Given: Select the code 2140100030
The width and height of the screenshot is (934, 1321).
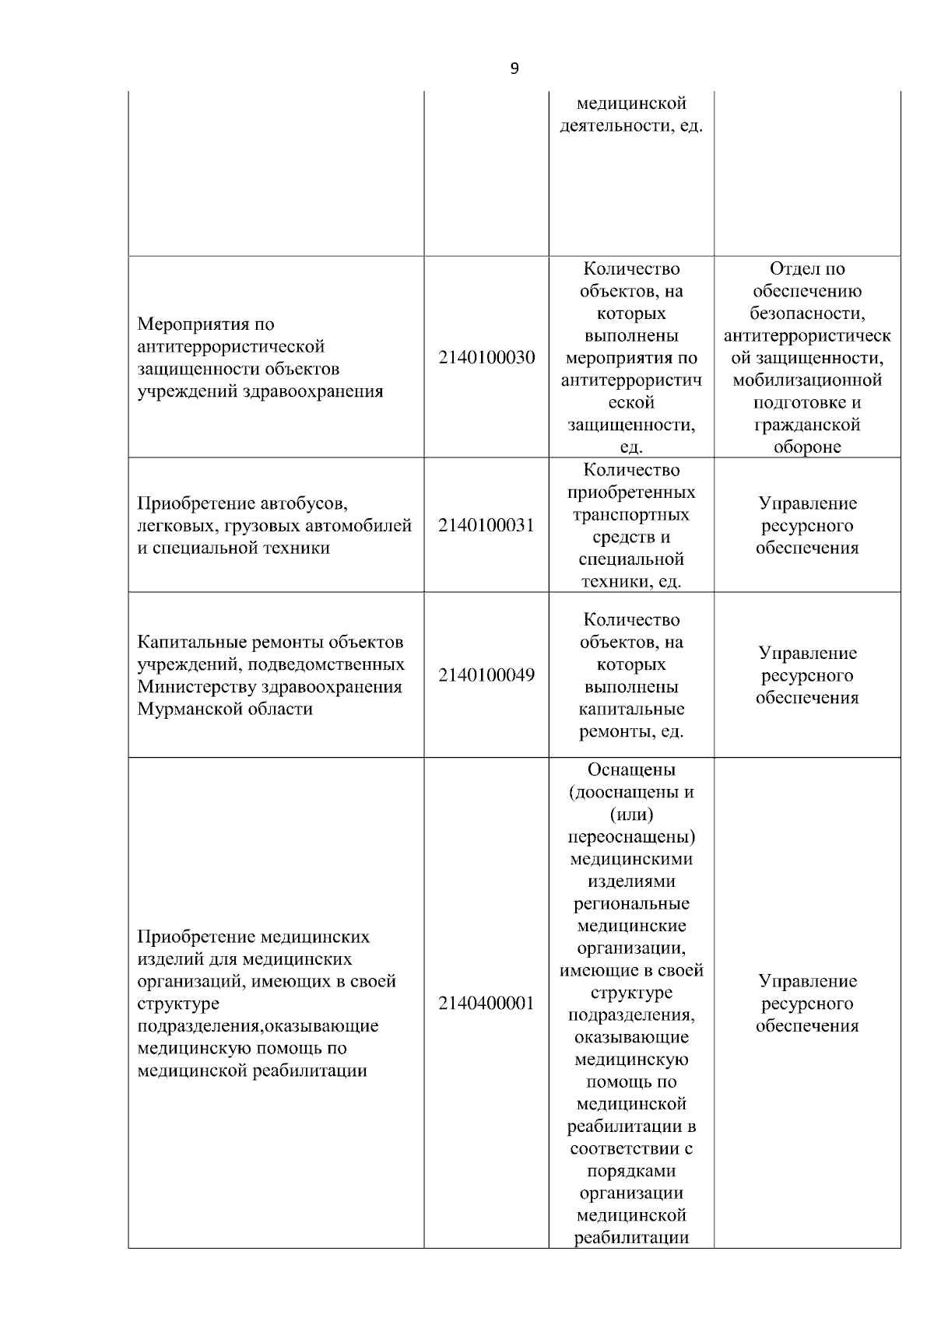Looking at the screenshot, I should click(x=486, y=358).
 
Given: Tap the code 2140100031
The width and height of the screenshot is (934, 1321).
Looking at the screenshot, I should click(x=486, y=525).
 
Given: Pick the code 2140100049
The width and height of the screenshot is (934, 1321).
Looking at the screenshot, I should click(x=486, y=675).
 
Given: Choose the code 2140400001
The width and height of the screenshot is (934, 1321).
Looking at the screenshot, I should click(x=486, y=1004).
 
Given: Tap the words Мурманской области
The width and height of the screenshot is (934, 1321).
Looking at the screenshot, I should click(x=225, y=710).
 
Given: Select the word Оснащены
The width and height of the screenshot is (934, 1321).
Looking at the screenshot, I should click(x=631, y=770).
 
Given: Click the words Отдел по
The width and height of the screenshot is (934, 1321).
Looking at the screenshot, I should click(x=807, y=269).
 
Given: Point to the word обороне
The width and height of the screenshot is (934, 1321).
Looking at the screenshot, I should click(x=807, y=448).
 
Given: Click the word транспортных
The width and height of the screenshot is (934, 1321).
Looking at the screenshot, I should click(x=631, y=515).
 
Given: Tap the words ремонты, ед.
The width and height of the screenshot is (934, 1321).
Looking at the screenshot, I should click(x=631, y=732).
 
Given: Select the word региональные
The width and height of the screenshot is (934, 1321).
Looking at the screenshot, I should click(x=631, y=904).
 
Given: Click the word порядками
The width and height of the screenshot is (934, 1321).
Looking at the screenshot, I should click(x=631, y=1172).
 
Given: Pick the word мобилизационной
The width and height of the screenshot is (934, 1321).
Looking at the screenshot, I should click(x=807, y=380).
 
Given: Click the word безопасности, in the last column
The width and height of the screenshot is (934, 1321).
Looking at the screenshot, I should click(x=807, y=314).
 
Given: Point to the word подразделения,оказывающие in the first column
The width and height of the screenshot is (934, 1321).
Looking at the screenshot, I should click(x=258, y=1026).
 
